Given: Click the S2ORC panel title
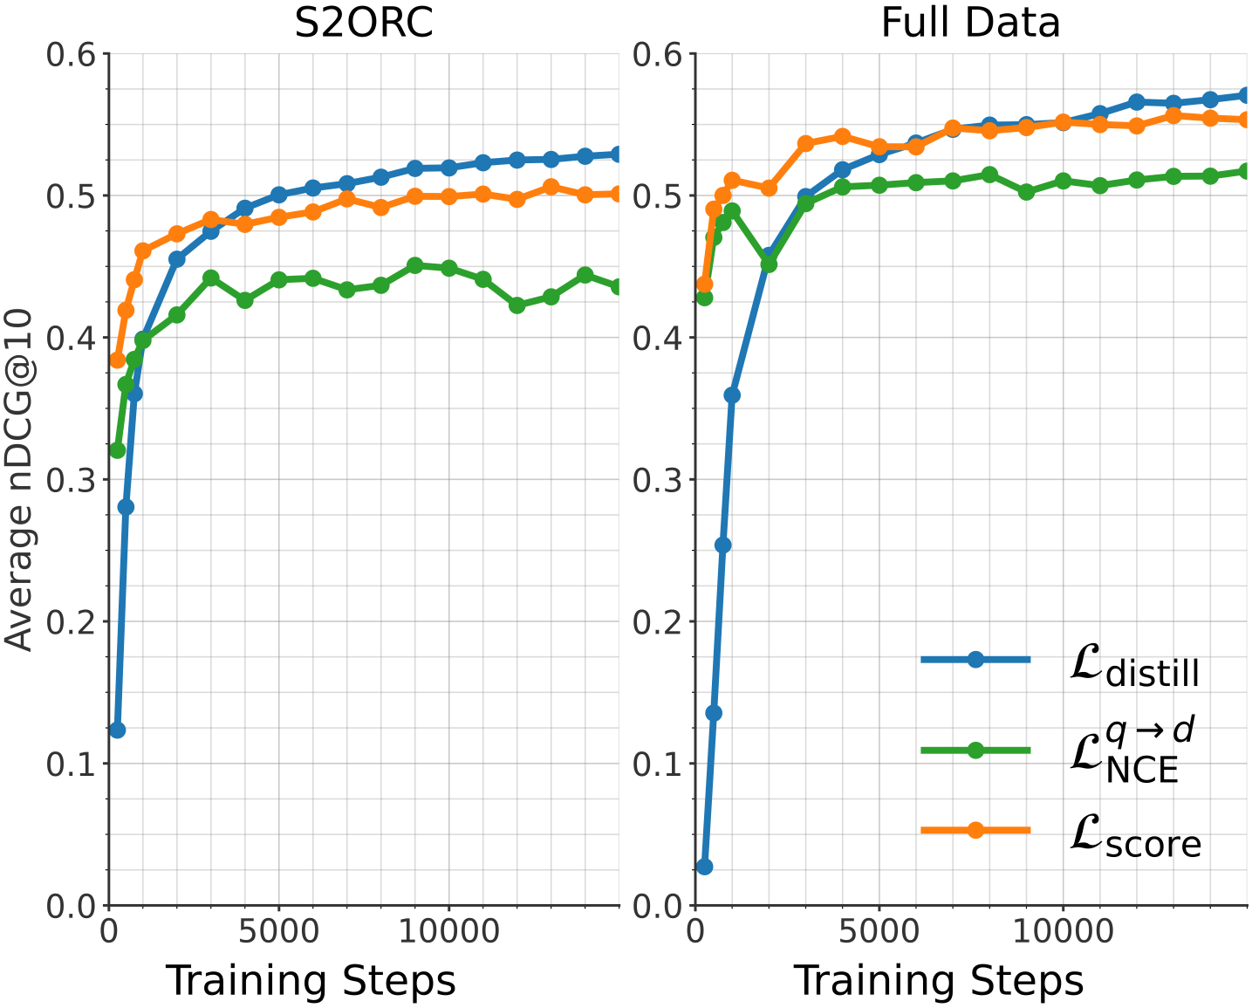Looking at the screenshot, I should click(363, 24).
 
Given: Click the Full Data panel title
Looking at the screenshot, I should click(970, 24).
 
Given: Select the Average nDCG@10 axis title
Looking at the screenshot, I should click(19, 480).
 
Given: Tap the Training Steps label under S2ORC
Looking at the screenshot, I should click(311, 981).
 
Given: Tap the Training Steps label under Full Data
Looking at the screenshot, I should click(938, 981).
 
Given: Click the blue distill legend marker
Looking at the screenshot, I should click(975, 660).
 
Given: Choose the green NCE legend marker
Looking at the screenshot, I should click(975, 751).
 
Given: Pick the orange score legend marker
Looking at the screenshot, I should click(975, 830).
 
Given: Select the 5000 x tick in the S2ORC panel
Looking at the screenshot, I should click(278, 930).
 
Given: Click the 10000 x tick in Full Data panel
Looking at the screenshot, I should click(1063, 930).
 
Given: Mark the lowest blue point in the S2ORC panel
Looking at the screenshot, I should click(117, 730).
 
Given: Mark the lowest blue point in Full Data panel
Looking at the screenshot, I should click(704, 867).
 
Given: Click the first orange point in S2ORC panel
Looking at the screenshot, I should click(117, 360).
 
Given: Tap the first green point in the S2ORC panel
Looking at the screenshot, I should click(117, 450).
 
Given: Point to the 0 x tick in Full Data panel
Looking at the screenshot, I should click(695, 930).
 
